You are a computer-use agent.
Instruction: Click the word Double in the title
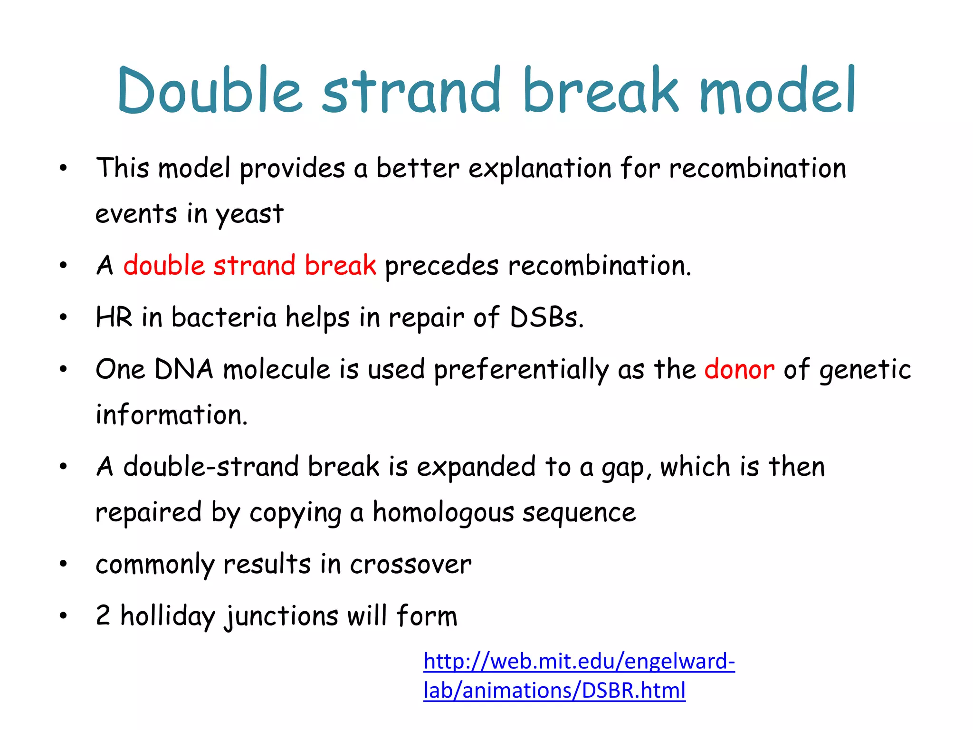coord(209,90)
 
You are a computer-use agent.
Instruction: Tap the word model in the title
coord(777,90)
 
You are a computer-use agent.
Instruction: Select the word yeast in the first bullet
coord(249,214)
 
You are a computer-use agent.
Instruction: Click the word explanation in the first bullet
coord(540,169)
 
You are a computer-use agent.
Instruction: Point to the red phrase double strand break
coord(249,265)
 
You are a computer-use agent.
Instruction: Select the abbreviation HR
coord(114,317)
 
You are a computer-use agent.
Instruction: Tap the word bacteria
coord(223,317)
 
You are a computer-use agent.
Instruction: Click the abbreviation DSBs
coord(546,317)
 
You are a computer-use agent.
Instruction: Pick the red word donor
coord(739,369)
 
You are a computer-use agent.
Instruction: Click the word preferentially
coord(521,370)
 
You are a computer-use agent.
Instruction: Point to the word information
coord(171,414)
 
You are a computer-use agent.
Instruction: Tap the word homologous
coord(443,513)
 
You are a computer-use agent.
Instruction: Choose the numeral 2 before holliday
coord(103,615)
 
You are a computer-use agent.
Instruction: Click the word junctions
coord(281,616)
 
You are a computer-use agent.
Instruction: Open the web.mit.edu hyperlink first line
coord(579,662)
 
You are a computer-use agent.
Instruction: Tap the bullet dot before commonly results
coord(63,564)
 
